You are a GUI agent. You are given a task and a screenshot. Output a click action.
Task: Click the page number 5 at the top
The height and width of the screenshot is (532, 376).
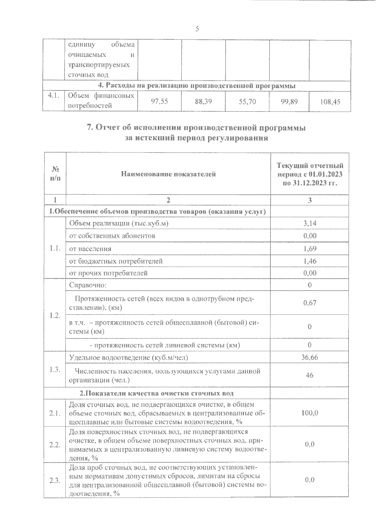click(x=197, y=29)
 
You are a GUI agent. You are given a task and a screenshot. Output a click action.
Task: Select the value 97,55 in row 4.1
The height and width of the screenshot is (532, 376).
click(x=159, y=101)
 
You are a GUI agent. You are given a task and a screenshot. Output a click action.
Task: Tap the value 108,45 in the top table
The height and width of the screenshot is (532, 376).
click(x=330, y=102)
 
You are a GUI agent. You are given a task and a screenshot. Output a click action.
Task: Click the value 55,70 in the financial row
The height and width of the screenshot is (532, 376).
click(x=247, y=102)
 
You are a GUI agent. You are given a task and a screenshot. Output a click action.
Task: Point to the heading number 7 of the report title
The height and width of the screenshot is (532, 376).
click(x=89, y=128)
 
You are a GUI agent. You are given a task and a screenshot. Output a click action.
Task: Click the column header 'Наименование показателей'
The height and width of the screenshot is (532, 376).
click(x=168, y=174)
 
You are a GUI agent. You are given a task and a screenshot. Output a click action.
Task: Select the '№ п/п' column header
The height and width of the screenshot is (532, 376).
click(x=55, y=174)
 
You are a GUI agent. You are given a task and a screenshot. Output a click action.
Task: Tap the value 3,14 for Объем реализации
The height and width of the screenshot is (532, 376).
click(x=310, y=223)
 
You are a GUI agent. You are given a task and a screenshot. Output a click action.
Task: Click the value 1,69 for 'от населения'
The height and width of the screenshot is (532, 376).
click(x=310, y=248)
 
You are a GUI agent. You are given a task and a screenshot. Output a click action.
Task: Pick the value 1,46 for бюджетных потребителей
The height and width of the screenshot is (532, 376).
click(x=310, y=261)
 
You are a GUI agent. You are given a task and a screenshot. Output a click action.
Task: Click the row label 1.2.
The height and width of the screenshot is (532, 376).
click(x=55, y=315)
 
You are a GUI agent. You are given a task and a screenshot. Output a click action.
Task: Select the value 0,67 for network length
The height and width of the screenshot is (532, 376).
click(x=310, y=303)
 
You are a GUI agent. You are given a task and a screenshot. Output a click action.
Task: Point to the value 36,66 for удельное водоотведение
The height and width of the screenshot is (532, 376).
click(x=310, y=357)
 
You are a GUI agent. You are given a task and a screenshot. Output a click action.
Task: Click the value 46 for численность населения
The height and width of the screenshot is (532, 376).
click(x=310, y=375)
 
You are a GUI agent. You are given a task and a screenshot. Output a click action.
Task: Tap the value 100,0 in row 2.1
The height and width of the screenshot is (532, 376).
click(x=310, y=413)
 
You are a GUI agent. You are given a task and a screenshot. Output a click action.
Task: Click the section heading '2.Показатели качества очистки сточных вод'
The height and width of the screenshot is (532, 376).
click(x=157, y=393)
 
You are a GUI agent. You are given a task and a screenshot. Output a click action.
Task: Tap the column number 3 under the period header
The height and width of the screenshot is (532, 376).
click(x=310, y=201)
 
